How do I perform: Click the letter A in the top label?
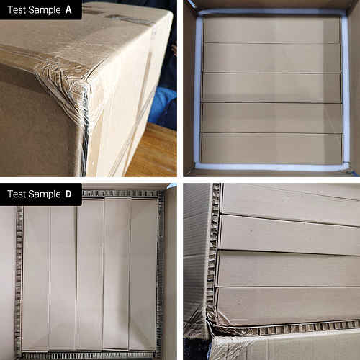pos(68,10)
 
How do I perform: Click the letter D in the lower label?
pos(68,194)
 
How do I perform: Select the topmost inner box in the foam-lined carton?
pos(271,30)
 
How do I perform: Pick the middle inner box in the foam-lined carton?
pos(271,88)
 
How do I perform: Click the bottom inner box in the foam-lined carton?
pos(271,148)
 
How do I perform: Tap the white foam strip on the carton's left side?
pos(197,89)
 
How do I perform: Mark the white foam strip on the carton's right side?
pos(345,89)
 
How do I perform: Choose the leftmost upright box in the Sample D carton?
pos(36,279)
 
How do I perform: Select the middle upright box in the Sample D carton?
pos(90,275)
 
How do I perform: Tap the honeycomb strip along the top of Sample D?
pos(120,194)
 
